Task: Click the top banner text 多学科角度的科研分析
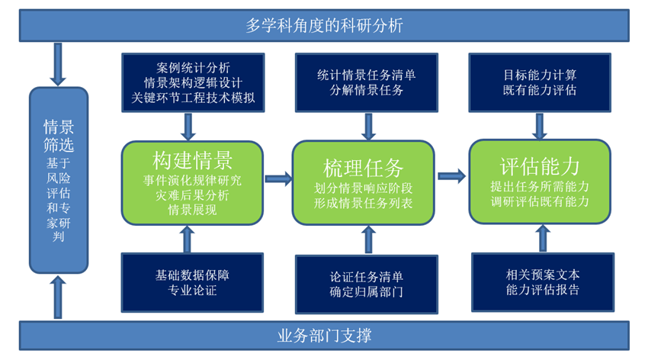(x=324, y=26)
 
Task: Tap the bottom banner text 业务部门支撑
(x=324, y=335)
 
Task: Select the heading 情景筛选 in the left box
(x=59, y=136)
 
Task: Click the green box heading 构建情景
(x=192, y=160)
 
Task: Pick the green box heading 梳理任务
(x=363, y=169)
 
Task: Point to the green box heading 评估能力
(x=540, y=166)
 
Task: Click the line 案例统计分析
(x=193, y=68)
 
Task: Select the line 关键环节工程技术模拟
(x=193, y=98)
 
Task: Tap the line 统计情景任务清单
(x=367, y=75)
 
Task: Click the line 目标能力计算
(x=540, y=75)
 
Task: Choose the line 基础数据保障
(x=192, y=275)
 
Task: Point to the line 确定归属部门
(x=367, y=292)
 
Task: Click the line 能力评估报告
(x=543, y=289)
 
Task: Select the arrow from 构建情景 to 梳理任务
(x=278, y=178)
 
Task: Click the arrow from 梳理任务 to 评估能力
(x=452, y=176)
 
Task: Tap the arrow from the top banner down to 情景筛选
(x=58, y=64)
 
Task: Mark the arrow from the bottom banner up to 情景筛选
(x=58, y=297)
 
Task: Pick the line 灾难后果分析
(x=192, y=195)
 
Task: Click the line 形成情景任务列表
(x=363, y=203)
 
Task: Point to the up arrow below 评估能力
(x=543, y=239)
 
